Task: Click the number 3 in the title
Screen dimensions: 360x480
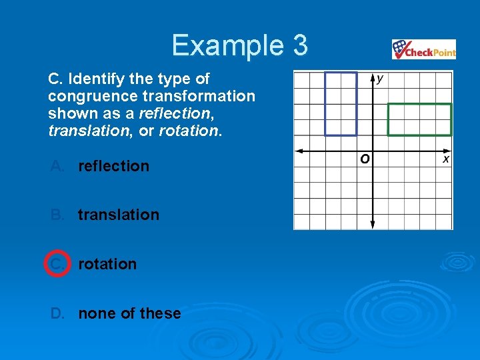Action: (299, 45)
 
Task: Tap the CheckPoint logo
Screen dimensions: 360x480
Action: (423, 50)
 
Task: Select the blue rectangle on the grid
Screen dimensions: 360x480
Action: (341, 103)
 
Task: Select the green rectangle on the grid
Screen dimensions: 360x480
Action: (419, 119)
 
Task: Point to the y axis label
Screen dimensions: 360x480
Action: (380, 79)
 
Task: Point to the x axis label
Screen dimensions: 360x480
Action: (446, 159)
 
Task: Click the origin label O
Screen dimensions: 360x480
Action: (365, 159)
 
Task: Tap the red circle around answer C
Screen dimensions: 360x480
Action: (57, 264)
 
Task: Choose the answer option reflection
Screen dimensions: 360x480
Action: (113, 166)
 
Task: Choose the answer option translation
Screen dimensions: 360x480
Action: (119, 215)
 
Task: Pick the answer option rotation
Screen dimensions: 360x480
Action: (107, 264)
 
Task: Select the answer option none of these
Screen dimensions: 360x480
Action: (129, 313)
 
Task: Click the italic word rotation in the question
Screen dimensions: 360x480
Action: (189, 131)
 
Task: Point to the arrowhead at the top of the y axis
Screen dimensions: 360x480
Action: (372, 75)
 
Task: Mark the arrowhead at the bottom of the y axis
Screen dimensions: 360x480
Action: (372, 225)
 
